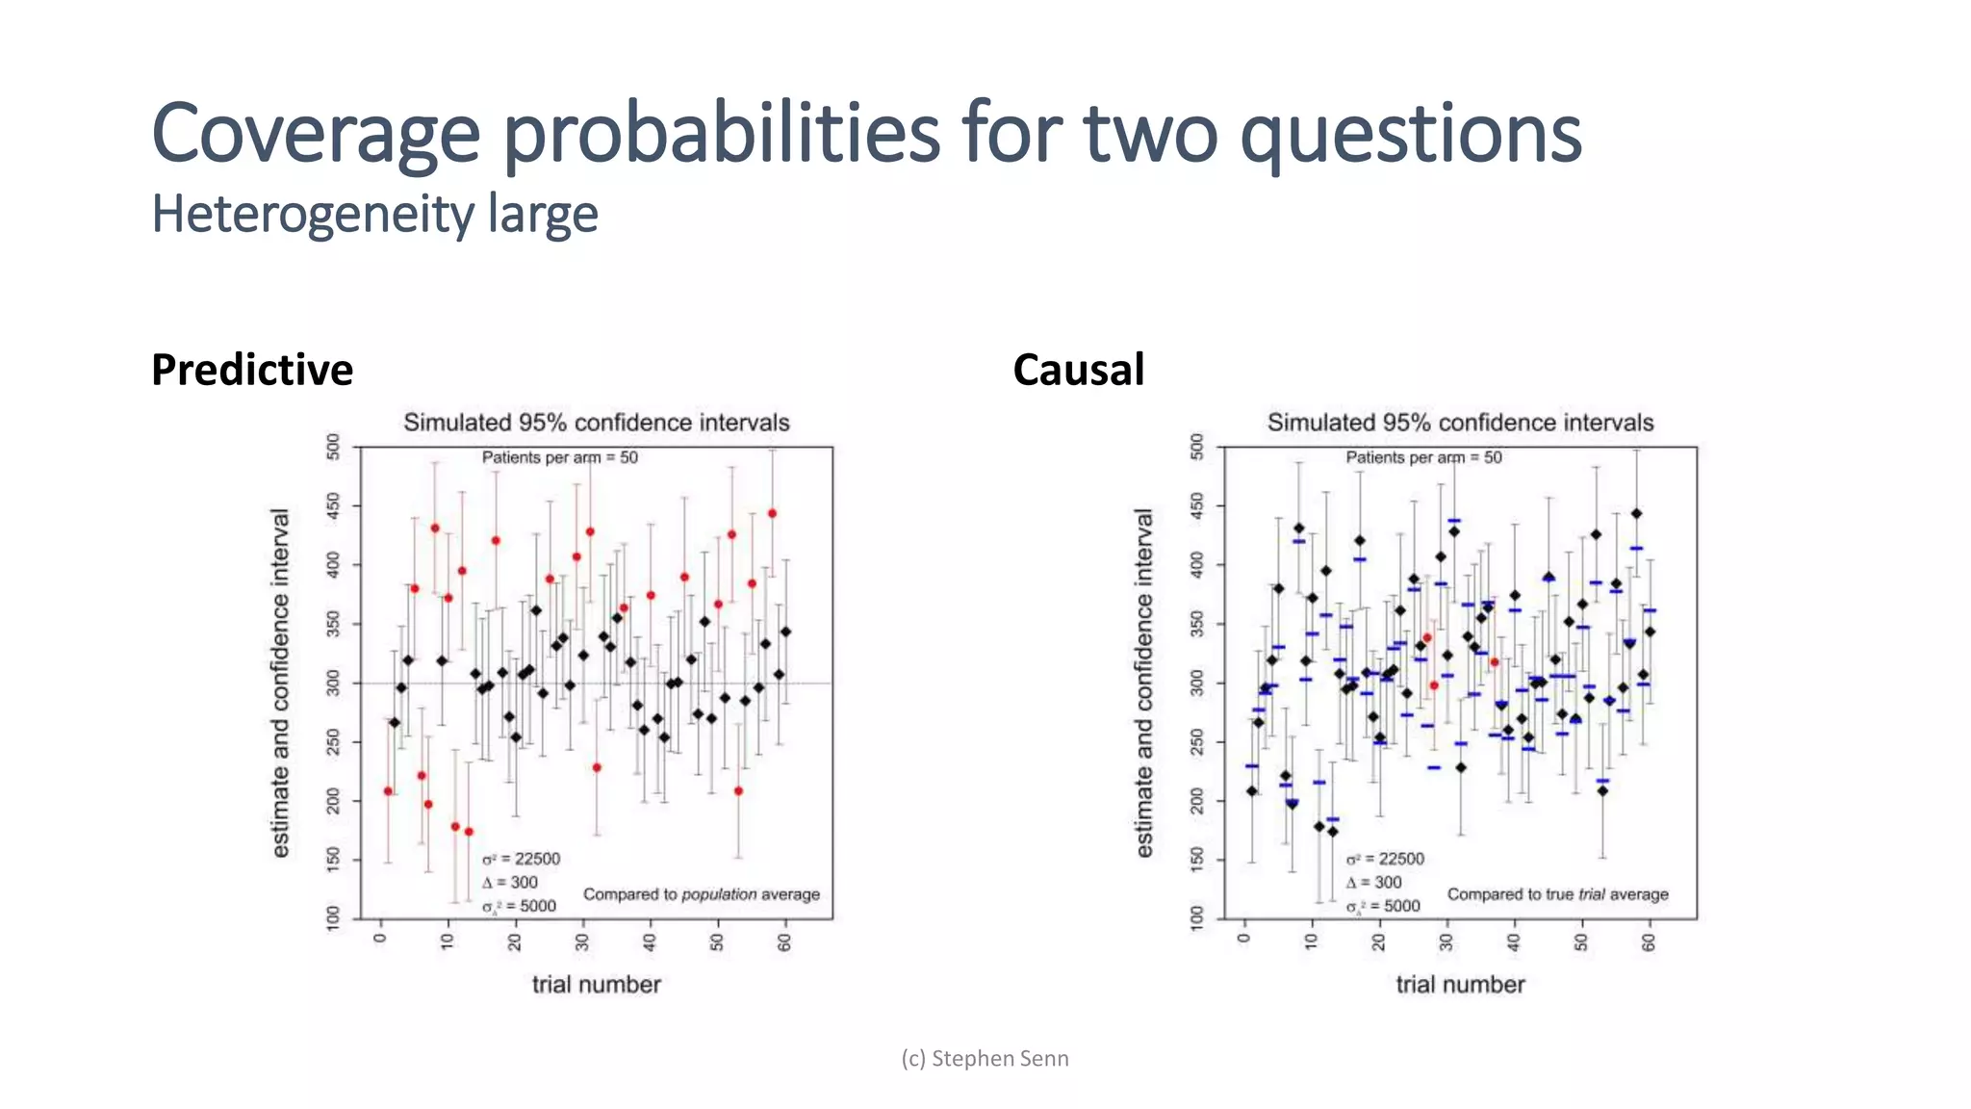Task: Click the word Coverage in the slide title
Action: point(316,135)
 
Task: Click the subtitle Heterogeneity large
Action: point(374,214)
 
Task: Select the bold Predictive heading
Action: point(252,370)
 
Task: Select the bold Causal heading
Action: point(1078,370)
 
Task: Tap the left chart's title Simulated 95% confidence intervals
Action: point(596,423)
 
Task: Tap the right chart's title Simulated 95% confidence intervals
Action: point(1460,423)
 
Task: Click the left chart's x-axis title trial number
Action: point(596,984)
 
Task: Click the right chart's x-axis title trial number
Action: point(1460,984)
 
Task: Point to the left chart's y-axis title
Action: point(279,683)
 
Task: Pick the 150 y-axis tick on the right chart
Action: point(1196,859)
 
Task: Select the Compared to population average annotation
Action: point(701,894)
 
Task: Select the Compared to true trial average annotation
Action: point(1557,894)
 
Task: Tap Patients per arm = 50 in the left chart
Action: point(559,457)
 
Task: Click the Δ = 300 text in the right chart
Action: point(1373,882)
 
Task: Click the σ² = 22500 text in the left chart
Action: point(521,859)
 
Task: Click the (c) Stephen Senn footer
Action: point(985,1058)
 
